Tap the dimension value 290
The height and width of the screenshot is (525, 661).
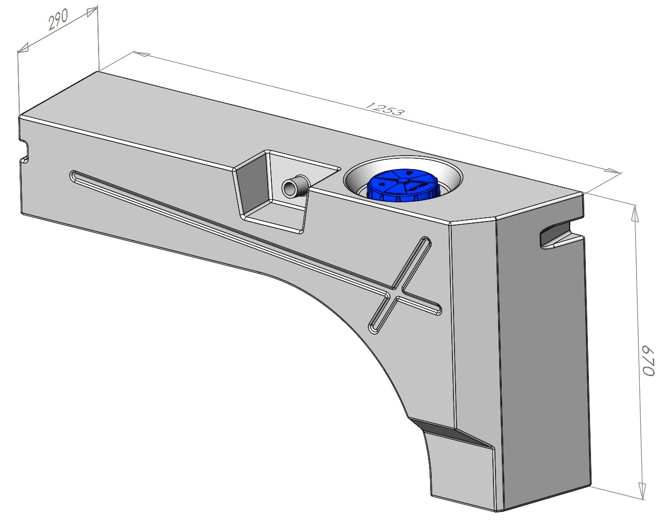58,20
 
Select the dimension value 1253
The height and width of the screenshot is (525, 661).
384,109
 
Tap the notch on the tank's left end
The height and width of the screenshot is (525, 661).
24,151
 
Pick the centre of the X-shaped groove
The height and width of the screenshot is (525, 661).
395,293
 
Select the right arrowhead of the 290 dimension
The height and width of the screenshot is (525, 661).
92,12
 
